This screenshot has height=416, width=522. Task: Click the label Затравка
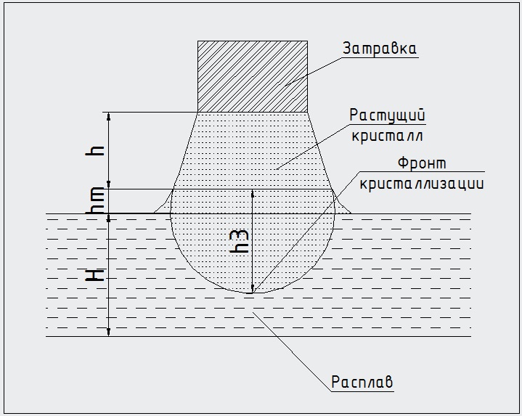click(x=380, y=49)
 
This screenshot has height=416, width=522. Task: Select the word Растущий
click(x=387, y=115)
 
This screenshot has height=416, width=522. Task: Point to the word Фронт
click(x=423, y=163)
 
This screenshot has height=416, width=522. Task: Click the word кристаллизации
click(x=420, y=183)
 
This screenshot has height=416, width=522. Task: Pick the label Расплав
click(x=362, y=380)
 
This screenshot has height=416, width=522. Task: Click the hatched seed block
click(x=253, y=76)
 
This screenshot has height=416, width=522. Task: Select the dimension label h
click(x=98, y=150)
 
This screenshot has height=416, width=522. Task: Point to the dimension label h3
click(x=242, y=240)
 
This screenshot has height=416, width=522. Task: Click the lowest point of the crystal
click(x=252, y=293)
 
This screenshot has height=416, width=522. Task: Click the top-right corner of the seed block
click(x=307, y=41)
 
